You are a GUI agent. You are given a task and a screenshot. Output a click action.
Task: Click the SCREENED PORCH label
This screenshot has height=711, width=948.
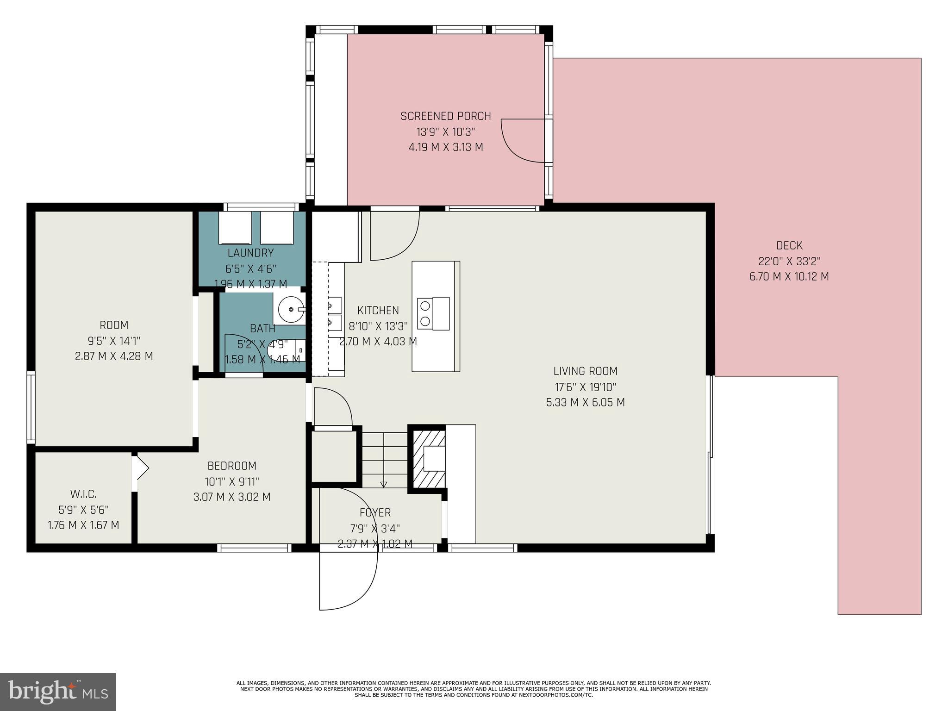pos(445,116)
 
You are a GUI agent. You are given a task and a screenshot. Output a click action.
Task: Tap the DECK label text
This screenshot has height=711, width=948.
pos(789,246)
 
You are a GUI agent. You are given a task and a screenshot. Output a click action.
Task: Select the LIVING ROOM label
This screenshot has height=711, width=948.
pos(585,371)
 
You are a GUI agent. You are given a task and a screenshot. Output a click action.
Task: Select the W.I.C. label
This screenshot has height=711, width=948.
pos(83,494)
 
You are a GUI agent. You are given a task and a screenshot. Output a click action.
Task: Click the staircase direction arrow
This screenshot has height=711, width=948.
pos(384,484)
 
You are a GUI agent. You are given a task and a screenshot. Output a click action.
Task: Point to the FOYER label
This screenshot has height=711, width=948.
pos(375,513)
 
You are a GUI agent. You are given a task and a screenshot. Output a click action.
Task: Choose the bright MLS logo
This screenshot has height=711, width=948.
pos(58,692)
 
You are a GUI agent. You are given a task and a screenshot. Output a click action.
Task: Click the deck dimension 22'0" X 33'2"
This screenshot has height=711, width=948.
pos(789,261)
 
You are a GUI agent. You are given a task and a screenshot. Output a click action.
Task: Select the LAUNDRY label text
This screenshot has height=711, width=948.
pos(250,253)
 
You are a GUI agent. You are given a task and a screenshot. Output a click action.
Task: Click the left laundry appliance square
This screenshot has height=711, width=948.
pos(235,228)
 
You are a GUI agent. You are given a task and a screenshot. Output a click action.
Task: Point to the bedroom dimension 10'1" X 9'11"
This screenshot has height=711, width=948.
pos(231,481)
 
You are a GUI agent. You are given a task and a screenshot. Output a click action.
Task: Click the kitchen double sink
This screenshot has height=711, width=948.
pos(335,313)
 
